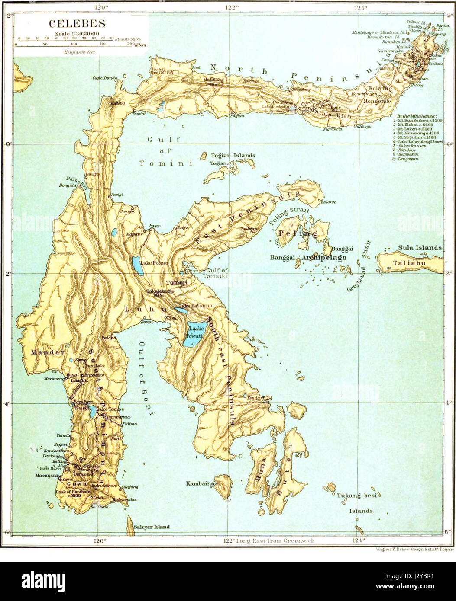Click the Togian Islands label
233,156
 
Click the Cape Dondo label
105,78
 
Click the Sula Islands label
420,248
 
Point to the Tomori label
177,283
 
